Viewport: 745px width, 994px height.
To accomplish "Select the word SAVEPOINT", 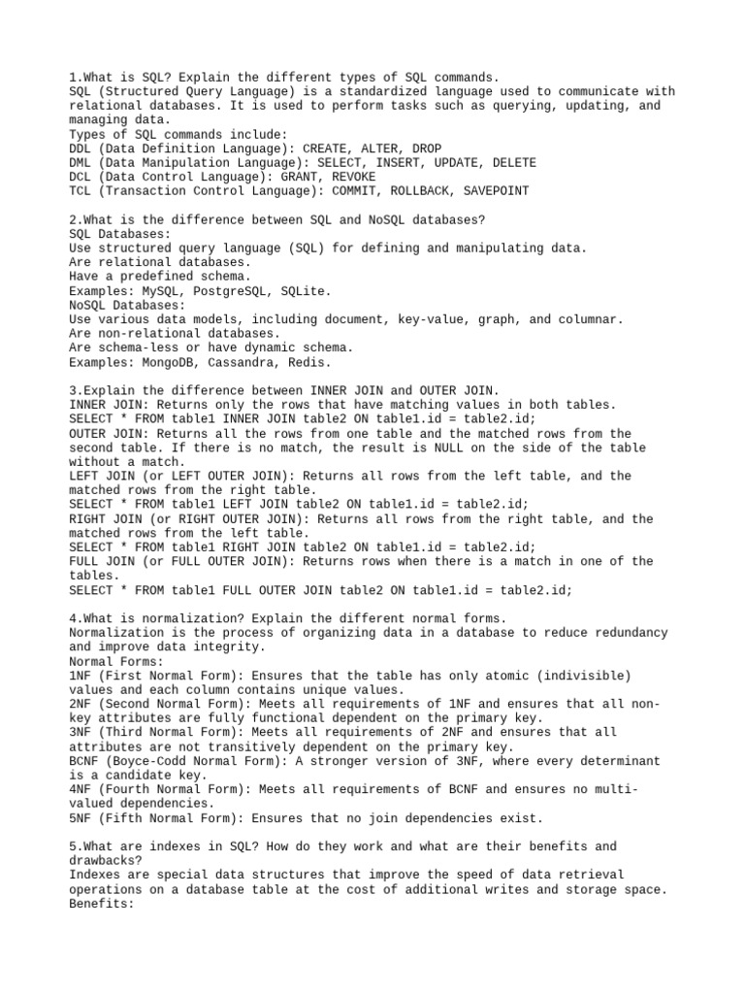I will [495, 191].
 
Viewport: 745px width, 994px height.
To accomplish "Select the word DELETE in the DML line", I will [513, 163].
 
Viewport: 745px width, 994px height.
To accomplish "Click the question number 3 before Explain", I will [74, 390].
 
